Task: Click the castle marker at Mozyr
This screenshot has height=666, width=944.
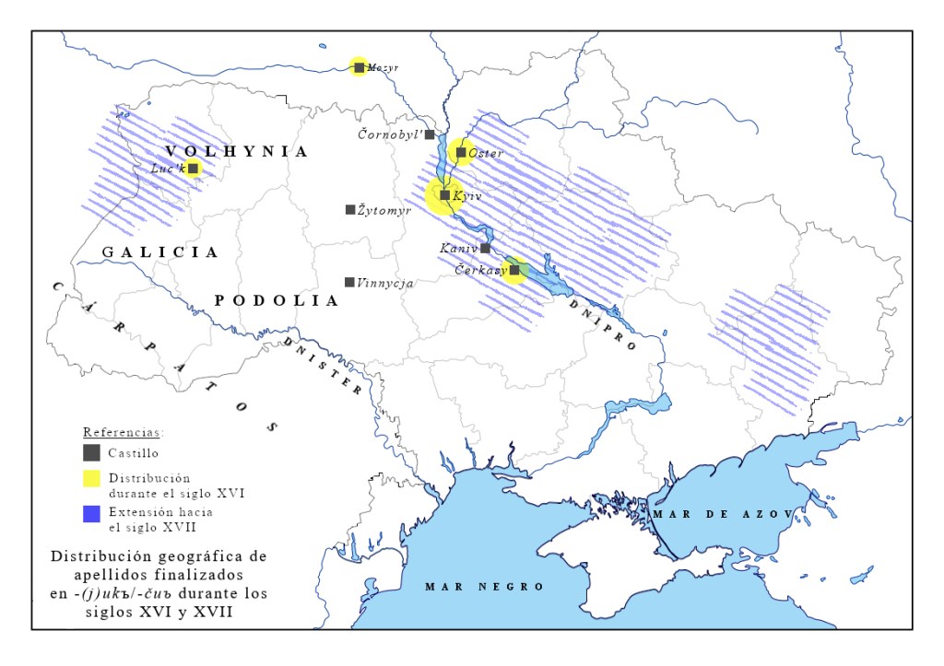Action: tap(360, 66)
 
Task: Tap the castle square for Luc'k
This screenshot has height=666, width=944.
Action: tap(194, 168)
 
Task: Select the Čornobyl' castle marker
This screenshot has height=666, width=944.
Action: tap(430, 134)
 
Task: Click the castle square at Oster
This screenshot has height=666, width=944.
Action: tap(461, 153)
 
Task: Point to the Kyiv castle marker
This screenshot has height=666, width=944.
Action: tap(444, 195)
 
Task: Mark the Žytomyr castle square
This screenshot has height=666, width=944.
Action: tap(350, 210)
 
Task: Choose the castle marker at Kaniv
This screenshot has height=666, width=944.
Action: tap(485, 248)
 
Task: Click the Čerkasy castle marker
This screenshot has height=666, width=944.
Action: tap(514, 270)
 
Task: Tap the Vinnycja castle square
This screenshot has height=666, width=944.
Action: tap(349, 282)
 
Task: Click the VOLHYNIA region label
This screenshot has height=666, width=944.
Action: tap(237, 151)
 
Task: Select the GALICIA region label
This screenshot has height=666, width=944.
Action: tap(160, 251)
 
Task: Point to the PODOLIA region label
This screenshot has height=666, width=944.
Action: tap(277, 300)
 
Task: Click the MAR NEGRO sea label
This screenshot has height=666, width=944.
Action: tap(485, 586)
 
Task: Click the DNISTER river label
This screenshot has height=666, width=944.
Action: tap(323, 364)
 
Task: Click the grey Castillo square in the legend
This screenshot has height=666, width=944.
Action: tap(91, 452)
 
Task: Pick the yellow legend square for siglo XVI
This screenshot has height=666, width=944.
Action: tap(91, 478)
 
